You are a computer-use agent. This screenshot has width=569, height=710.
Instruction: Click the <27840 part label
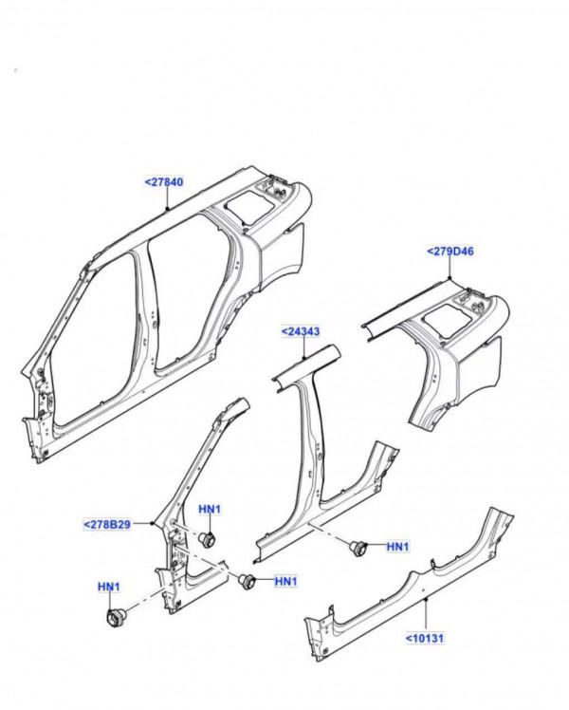pyautogui.click(x=164, y=181)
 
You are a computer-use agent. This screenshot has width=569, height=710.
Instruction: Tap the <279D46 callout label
pyautogui.click(x=451, y=252)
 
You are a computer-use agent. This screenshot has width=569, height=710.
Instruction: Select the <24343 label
pyautogui.click(x=299, y=331)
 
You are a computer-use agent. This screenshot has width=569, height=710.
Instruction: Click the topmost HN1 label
pyautogui.click(x=210, y=510)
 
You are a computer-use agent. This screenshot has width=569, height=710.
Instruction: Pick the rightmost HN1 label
pyautogui.click(x=397, y=547)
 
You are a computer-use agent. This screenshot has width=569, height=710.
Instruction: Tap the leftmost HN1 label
pyautogui.click(x=110, y=588)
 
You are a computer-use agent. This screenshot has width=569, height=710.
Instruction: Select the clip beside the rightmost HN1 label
pyautogui.click(x=358, y=547)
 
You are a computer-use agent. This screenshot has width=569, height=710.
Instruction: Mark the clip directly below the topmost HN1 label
pyautogui.click(x=208, y=539)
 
